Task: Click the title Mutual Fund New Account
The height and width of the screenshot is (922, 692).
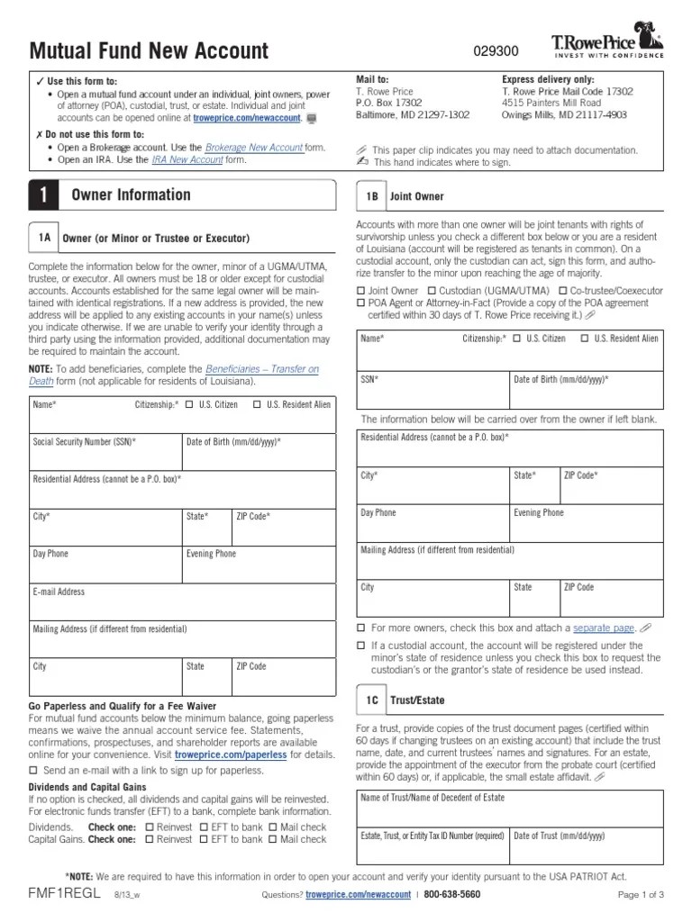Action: tap(149, 51)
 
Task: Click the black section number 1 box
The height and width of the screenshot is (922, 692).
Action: tap(43, 195)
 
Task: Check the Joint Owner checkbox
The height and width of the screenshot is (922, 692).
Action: tap(361, 291)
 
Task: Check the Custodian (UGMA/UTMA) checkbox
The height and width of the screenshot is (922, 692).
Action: tap(432, 291)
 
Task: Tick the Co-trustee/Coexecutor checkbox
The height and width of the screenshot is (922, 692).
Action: tap(563, 291)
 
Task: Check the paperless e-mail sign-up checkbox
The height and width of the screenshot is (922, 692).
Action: tap(34, 771)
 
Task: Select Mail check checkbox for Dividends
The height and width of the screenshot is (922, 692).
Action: tap(274, 827)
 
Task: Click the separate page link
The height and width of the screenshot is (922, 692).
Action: tap(604, 628)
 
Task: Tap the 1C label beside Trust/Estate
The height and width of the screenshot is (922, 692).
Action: tap(371, 699)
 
